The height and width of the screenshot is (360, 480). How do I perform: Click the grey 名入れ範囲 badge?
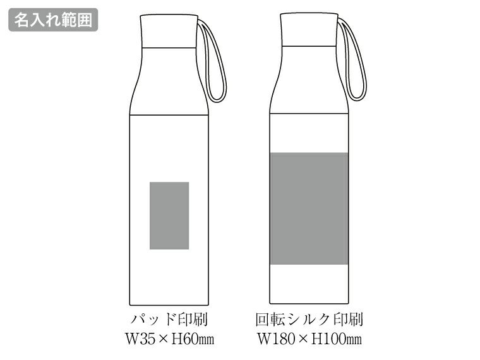point(53,20)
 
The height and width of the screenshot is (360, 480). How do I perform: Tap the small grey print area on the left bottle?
point(169,215)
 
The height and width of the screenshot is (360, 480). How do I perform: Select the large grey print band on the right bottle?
point(309,208)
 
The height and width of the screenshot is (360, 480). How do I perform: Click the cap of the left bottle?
point(169,31)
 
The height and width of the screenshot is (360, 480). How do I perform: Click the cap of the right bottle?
point(309,30)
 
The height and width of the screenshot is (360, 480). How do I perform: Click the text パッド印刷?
point(169,320)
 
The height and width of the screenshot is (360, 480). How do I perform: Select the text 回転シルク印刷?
point(309,320)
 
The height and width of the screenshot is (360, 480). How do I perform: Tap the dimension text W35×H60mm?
point(170,339)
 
